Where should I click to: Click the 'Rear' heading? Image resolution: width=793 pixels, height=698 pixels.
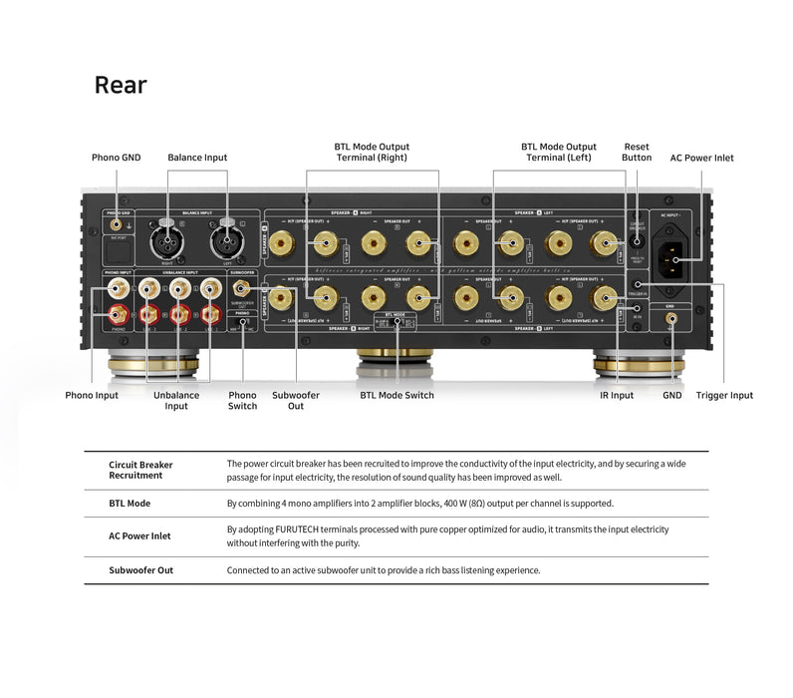121,85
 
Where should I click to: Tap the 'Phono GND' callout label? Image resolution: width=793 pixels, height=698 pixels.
117,158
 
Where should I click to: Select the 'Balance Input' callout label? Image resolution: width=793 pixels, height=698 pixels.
197,158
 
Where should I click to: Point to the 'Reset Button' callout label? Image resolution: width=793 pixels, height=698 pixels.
637,152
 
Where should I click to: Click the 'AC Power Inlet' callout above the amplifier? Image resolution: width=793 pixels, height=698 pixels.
701,158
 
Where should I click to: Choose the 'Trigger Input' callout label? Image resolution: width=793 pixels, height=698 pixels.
724,396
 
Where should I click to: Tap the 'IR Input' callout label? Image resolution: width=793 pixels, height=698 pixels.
617,396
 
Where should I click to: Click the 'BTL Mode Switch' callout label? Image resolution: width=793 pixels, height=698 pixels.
396,396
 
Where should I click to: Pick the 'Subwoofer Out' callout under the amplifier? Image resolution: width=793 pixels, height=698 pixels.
296,401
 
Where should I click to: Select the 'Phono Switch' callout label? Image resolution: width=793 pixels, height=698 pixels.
242,401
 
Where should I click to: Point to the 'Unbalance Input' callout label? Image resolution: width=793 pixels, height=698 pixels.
176,401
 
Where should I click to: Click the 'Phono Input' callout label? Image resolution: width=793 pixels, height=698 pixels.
92,396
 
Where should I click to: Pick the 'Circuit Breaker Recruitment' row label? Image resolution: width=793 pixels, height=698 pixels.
140,470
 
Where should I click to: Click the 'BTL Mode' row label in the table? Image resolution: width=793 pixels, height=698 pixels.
130,504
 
